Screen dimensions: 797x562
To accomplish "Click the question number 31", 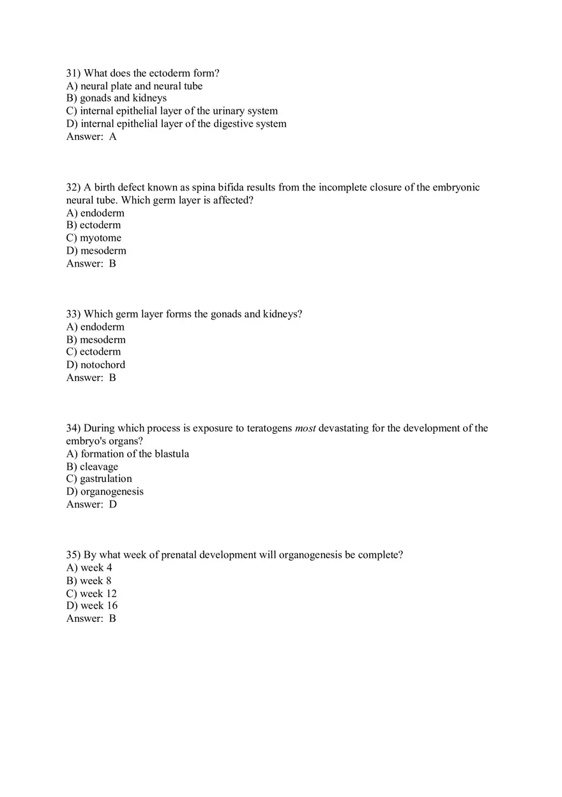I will (x=73, y=74).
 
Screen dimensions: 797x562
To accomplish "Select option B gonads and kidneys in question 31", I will (x=116, y=98).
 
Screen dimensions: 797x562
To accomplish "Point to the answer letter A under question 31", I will (x=113, y=137).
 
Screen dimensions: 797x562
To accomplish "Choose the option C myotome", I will (x=94, y=238).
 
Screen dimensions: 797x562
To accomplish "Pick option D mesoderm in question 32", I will (x=96, y=251).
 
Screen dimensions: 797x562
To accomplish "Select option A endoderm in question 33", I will (x=95, y=327).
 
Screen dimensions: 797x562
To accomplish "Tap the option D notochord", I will (x=96, y=365).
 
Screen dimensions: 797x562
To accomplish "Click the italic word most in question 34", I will (x=305, y=428).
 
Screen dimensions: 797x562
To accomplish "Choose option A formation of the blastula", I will (x=128, y=454).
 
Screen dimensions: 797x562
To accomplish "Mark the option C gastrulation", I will (x=99, y=479).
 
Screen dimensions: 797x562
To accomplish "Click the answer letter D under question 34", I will (x=113, y=504).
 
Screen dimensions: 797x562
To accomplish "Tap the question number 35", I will (x=73, y=555).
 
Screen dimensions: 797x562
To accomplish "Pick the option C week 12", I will (x=91, y=593).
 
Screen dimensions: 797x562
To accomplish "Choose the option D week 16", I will (x=92, y=606).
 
